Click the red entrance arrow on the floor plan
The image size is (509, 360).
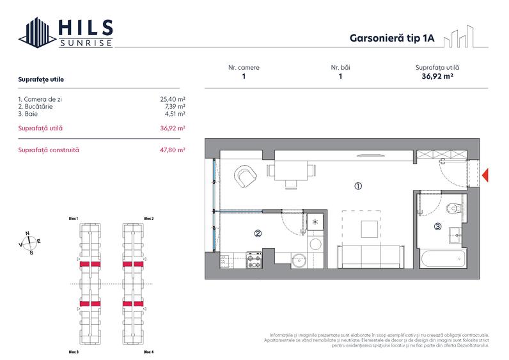(x=485, y=175)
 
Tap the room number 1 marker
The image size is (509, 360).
(x=358, y=187)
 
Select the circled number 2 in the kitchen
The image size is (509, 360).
(x=258, y=233)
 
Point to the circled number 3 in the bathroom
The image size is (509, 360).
(x=437, y=226)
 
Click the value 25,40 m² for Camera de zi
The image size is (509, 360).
(x=173, y=99)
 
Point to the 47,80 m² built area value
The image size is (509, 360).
(x=173, y=150)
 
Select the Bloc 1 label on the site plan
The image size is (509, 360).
(x=74, y=219)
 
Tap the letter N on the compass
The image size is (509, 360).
(x=27, y=233)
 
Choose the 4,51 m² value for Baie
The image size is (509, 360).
(x=175, y=113)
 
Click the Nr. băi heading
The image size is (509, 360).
(x=340, y=67)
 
